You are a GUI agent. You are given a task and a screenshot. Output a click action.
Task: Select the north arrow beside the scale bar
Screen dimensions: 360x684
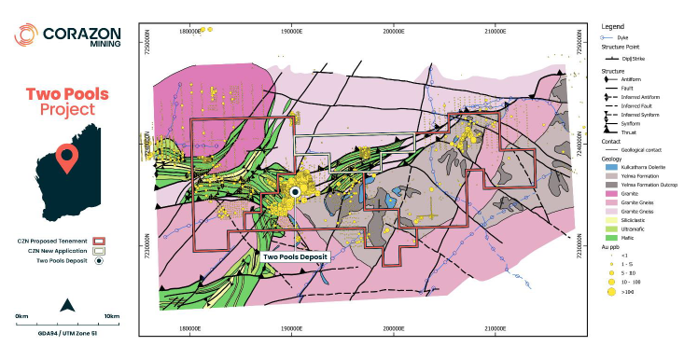coord(66,304)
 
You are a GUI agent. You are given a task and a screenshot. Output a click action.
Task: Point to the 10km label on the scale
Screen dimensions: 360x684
coord(111,317)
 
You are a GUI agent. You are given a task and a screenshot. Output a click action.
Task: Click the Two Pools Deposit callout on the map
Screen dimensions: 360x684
coord(297,256)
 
